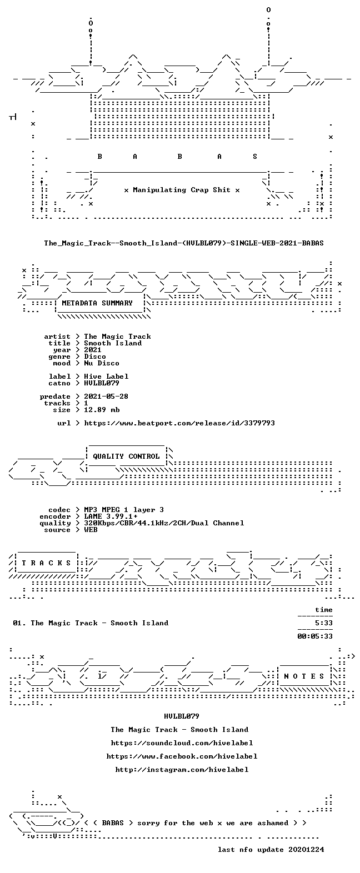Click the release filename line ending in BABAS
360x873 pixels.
184,243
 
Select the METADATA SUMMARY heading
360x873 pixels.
97,303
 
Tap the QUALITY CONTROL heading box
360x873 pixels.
126,456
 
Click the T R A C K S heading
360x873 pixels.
46,563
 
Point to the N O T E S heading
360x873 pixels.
304,676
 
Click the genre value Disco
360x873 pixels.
95,357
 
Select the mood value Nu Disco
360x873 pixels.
102,363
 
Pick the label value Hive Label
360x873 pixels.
106,377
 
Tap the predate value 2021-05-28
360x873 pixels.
106,397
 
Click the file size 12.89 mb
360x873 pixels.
102,410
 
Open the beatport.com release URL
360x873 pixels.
179,423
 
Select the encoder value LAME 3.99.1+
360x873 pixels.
111,516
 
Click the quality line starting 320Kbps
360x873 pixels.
164,523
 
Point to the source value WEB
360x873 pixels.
91,530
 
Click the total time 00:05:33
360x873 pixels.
315,636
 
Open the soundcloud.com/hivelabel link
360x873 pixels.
182,743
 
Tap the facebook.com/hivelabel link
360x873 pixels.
182,756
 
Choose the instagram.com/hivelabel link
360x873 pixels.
182,769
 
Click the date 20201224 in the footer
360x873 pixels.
306,849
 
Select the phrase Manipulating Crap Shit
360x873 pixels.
181,190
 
